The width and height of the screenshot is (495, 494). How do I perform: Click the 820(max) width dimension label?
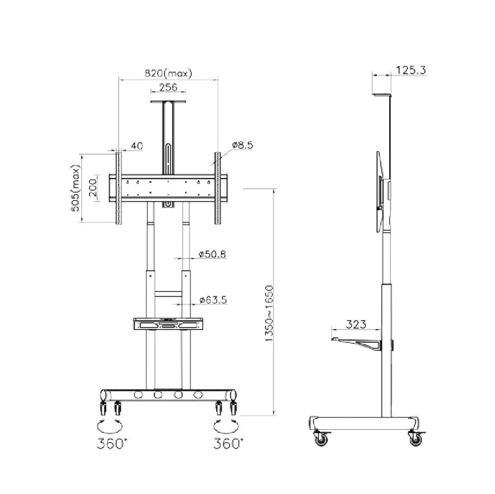168,74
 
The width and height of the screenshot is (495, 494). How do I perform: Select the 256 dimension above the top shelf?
168,87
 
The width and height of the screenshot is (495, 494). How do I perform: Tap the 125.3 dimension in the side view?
411,70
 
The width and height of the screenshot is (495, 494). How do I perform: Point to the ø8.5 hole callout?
243,145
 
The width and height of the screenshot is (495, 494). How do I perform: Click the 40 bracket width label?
137,146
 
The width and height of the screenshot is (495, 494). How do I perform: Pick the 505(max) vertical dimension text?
75,188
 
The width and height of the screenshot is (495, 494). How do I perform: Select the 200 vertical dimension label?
93,187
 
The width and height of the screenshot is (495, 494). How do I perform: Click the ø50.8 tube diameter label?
212,254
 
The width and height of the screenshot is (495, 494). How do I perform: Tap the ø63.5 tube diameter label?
213,299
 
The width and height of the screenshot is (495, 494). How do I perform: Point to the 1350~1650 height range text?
269,314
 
